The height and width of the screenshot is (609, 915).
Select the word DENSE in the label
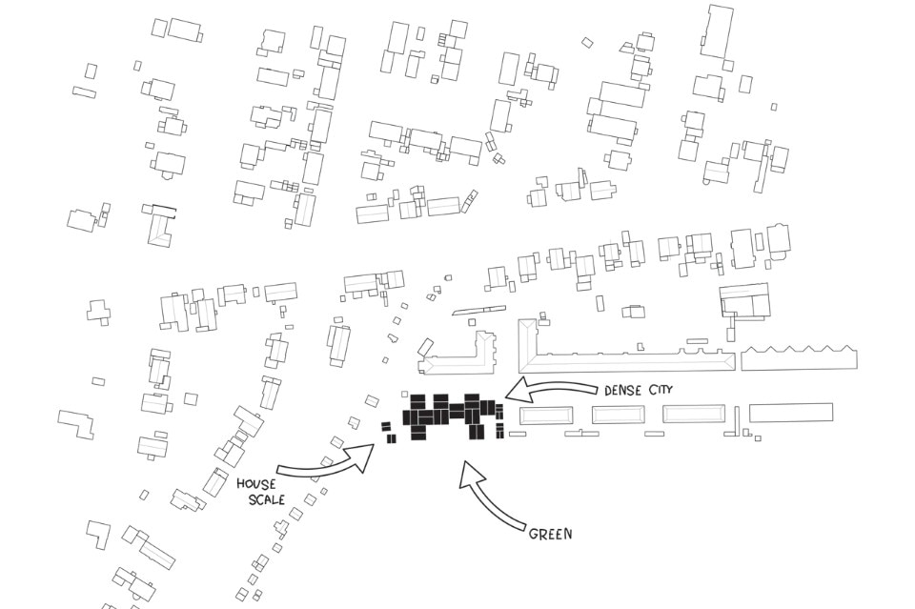[x=624, y=391]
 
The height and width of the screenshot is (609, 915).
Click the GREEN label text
[x=551, y=534]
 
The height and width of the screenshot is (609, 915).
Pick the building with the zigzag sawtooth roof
[x=800, y=358]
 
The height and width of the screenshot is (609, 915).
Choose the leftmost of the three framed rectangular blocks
[x=546, y=416]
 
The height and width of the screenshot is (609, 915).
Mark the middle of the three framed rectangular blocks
[x=618, y=415]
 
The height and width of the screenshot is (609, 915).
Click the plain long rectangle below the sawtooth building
[x=791, y=413]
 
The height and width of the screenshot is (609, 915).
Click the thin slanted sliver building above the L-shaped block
[x=477, y=310]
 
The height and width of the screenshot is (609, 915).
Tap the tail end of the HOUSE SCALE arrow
[x=278, y=470]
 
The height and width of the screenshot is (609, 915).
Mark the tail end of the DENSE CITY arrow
[x=596, y=388]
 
